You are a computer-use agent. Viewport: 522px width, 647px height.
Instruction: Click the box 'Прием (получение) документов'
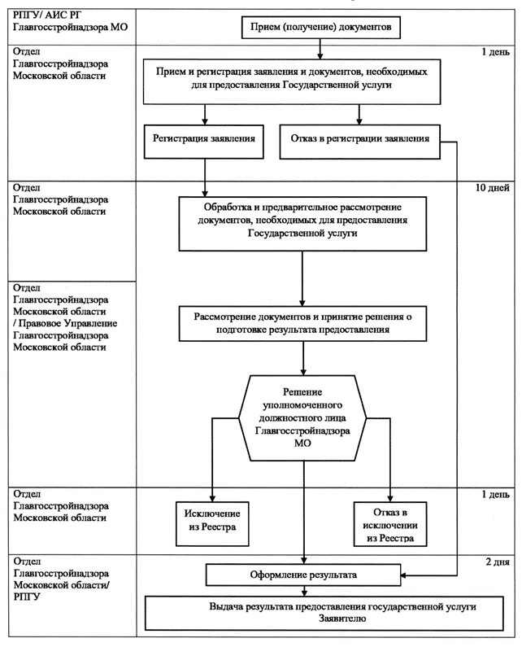[x=321, y=28]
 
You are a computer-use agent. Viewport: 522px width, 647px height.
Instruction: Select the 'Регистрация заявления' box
[x=204, y=142]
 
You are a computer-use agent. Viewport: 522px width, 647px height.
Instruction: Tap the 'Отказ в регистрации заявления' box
[x=360, y=142]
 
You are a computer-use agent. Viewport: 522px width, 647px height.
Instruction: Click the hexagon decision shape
[x=302, y=418]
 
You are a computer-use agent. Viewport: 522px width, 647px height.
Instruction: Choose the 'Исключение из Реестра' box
[x=212, y=524]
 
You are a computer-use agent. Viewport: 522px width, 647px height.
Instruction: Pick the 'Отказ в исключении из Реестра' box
[x=390, y=524]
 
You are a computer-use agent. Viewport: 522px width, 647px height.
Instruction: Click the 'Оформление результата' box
[x=303, y=575]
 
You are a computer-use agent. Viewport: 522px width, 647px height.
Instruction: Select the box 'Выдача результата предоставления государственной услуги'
[x=324, y=613]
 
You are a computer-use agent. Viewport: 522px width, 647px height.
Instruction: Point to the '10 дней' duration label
[x=492, y=188]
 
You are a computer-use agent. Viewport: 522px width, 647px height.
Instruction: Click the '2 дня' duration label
[x=498, y=562]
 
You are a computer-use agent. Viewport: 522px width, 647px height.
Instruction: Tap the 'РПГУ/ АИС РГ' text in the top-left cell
[x=47, y=15]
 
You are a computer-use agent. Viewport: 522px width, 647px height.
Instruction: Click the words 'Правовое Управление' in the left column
[x=68, y=324]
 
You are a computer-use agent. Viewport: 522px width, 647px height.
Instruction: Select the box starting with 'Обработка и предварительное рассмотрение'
[x=302, y=224]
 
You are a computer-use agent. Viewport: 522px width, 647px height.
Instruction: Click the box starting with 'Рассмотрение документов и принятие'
[x=302, y=324]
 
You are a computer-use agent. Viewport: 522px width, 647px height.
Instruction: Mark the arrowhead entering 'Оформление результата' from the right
[x=403, y=575]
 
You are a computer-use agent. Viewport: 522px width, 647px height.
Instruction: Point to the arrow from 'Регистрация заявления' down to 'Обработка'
[x=205, y=177]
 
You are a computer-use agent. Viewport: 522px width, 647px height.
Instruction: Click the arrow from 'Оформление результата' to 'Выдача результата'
[x=304, y=591]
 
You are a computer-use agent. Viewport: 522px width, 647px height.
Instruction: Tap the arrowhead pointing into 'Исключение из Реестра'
[x=212, y=499]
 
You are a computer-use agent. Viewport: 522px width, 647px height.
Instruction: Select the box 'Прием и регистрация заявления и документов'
[x=292, y=81]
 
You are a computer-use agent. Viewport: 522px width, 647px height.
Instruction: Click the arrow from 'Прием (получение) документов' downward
[x=320, y=49]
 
